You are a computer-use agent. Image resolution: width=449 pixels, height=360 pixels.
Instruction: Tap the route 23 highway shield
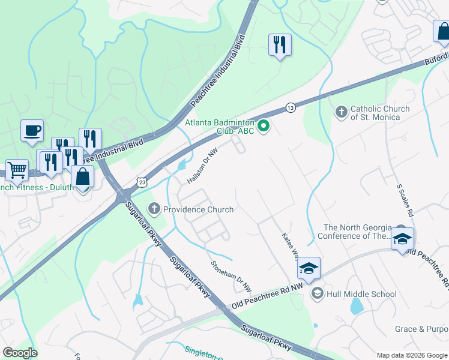[x=142, y=181]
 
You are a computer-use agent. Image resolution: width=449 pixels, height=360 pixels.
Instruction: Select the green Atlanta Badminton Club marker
[x=264, y=126]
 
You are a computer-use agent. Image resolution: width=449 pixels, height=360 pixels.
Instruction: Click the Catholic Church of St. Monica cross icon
[x=341, y=112]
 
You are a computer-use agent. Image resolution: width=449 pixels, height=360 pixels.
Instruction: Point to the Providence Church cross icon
[x=154, y=209]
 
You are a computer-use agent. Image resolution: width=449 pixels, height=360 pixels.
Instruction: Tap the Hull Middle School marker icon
[x=317, y=293]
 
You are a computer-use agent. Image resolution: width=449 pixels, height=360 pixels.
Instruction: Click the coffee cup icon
[x=32, y=130]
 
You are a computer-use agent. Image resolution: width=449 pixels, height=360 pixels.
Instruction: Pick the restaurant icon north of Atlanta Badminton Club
[x=280, y=44]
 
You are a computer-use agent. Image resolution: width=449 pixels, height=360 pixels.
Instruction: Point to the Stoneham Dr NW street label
[x=230, y=272]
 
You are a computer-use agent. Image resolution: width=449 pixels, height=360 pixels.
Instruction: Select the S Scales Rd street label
[x=405, y=200]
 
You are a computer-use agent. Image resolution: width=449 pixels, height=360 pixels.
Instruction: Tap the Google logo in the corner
[x=20, y=353]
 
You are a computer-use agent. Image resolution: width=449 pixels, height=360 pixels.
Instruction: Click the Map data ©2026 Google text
[x=412, y=355]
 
